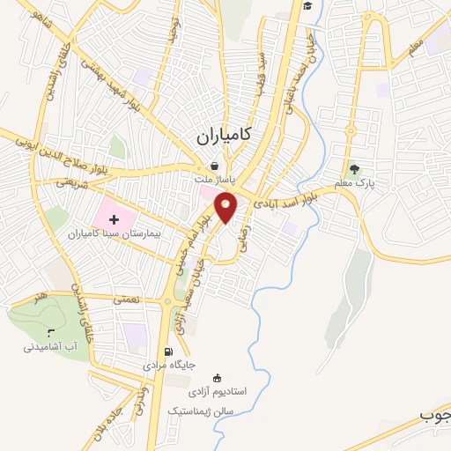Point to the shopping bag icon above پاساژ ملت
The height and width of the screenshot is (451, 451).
pos(214,165)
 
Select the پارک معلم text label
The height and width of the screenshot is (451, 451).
pos(354,184)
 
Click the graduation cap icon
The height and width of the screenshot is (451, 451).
pos(307,6)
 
